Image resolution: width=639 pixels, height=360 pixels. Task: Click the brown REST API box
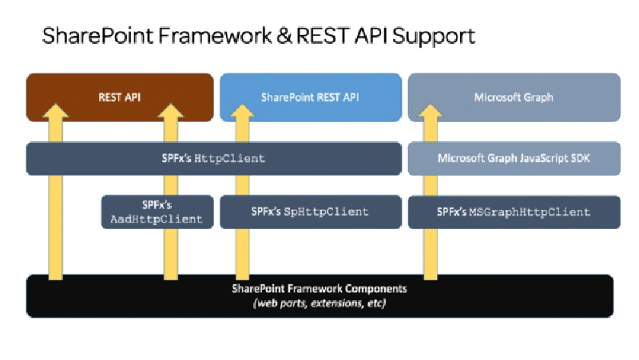coord(120,97)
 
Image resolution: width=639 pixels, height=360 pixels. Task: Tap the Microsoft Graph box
coord(514,97)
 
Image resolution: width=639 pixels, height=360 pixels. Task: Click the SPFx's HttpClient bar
coord(213,159)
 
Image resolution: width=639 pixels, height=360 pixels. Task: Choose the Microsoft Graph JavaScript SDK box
coord(514,158)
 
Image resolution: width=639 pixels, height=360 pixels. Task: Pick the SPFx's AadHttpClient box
coord(157,212)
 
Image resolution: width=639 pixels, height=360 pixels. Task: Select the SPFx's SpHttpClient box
coord(310,212)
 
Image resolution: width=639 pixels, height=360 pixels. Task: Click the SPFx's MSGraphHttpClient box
coord(514,212)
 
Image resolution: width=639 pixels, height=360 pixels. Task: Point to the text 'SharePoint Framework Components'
coord(319,288)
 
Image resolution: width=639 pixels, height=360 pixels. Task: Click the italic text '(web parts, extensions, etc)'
coord(319,303)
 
